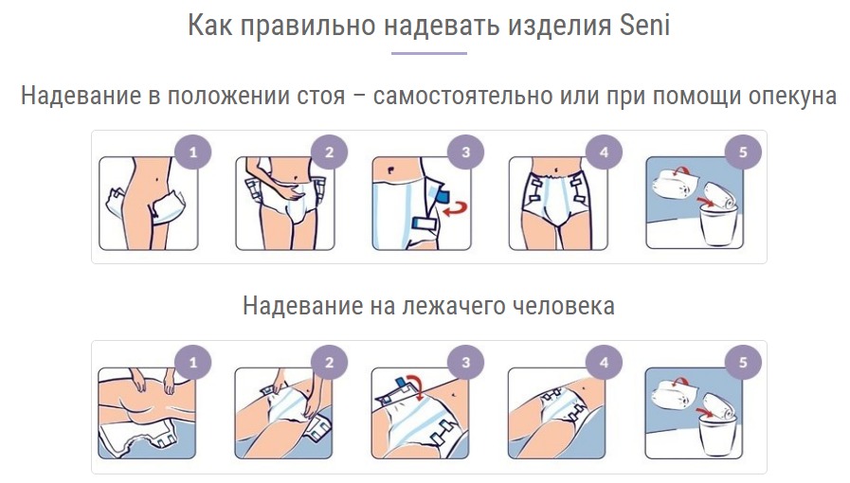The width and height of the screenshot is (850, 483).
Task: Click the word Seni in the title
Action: pos(644,26)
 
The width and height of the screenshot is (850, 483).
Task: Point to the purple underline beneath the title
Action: pos(429,54)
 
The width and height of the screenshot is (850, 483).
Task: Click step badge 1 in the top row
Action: pos(193,152)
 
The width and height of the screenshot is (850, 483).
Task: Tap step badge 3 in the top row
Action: pos(465,152)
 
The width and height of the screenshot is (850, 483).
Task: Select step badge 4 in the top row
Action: pos(604,152)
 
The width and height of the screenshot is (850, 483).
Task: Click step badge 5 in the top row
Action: pos(743,152)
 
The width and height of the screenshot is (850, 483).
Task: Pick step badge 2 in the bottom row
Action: pos(329,362)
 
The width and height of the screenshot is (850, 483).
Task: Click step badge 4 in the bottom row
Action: pos(604,362)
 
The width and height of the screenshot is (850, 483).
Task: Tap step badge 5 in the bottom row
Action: pos(743,362)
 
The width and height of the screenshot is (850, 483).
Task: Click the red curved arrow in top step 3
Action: pos(456,209)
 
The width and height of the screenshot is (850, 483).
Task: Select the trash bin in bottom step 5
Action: pos(716,435)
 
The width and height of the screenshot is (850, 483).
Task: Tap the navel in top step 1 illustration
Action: pos(156,178)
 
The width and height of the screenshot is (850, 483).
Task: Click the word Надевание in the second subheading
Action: pos(303,306)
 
